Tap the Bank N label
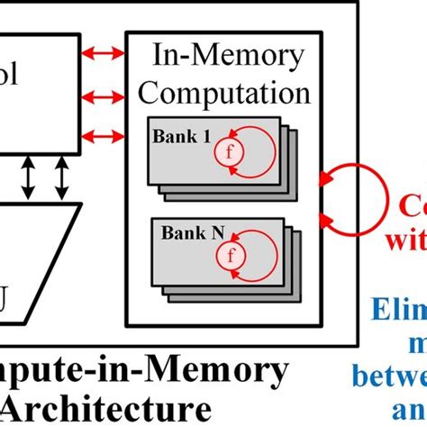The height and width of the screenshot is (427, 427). pyautogui.click(x=186, y=233)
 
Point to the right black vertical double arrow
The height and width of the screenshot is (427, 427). pyautogui.click(x=61, y=179)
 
